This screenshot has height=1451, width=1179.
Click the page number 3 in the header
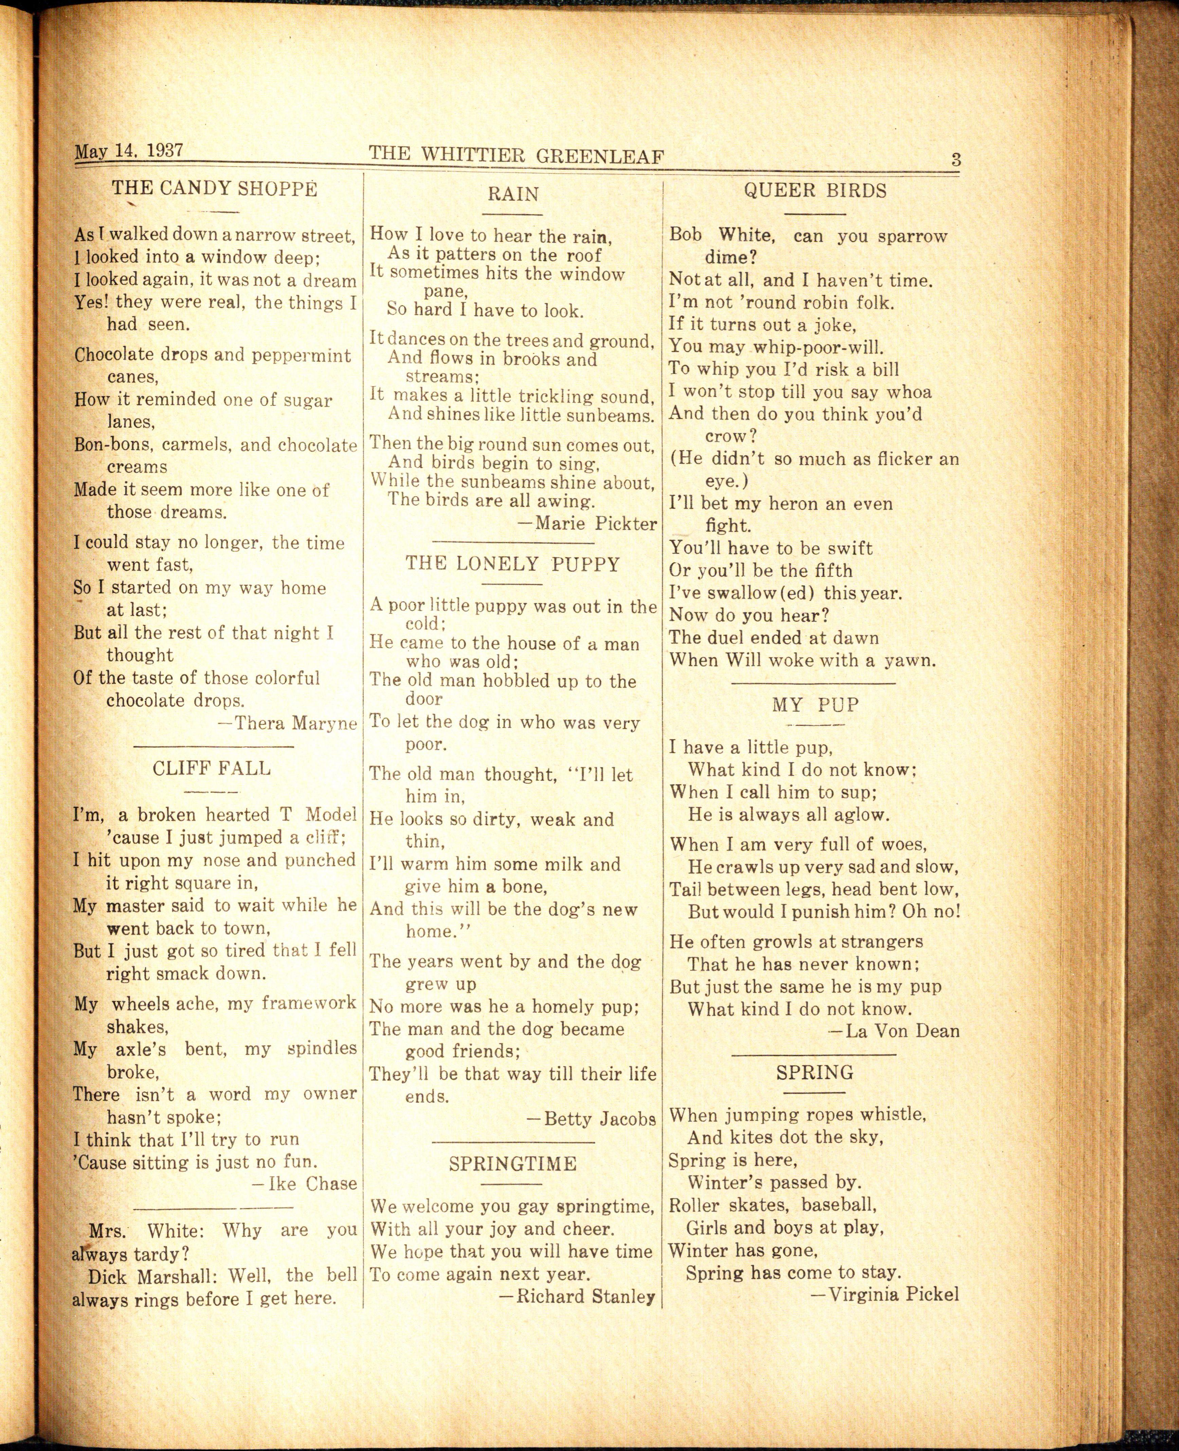click(956, 160)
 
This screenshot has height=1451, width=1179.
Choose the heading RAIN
click(513, 194)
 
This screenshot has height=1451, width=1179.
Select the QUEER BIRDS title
click(815, 191)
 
